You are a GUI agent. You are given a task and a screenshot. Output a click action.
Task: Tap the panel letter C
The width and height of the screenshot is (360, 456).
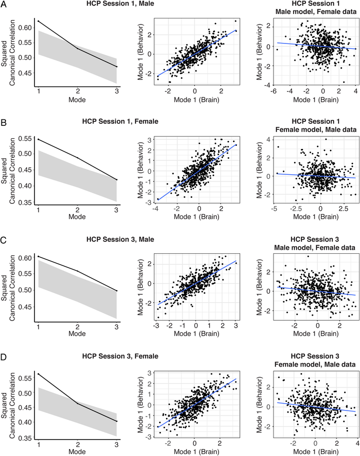pyautogui.click(x=4, y=238)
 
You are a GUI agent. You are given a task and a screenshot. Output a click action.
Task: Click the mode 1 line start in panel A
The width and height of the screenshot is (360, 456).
pyautogui.click(x=38, y=21)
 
